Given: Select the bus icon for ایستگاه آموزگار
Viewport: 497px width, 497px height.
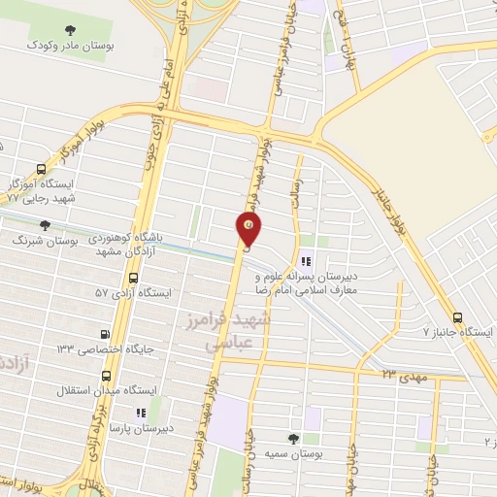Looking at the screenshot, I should (41, 168).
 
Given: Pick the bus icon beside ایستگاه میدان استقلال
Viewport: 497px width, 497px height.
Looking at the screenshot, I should (106, 374).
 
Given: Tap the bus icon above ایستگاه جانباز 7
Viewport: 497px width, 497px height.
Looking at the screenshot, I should (457, 317).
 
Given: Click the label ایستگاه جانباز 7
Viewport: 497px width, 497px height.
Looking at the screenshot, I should (458, 333).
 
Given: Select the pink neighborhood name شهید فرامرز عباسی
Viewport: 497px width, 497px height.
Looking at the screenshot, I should (237, 330).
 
